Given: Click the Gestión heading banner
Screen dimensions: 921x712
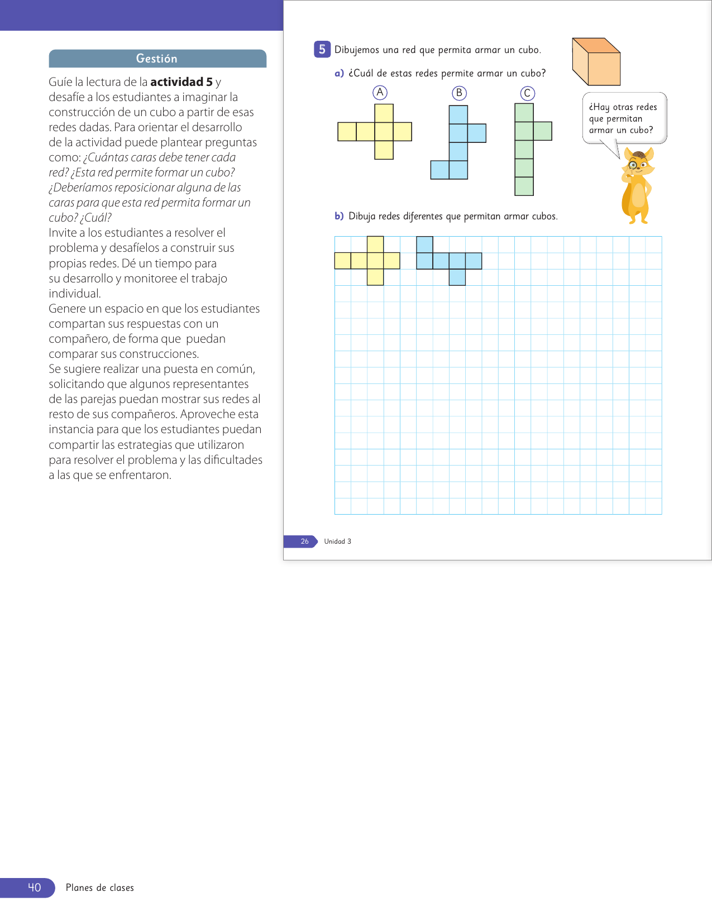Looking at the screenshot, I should pyautogui.click(x=157, y=59).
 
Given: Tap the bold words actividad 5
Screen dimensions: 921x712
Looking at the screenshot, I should pyautogui.click(x=181, y=82).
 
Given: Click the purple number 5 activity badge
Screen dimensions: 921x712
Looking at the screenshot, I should pyautogui.click(x=322, y=50).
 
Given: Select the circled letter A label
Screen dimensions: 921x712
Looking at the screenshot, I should pyautogui.click(x=380, y=93).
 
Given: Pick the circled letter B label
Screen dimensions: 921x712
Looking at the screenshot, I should pyautogui.click(x=459, y=93).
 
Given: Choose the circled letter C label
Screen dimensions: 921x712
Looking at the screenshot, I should pyautogui.click(x=527, y=93).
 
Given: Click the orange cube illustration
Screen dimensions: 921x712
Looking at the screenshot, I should pyautogui.click(x=596, y=62).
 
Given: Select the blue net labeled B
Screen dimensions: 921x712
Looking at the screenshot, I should pyautogui.click(x=458, y=142).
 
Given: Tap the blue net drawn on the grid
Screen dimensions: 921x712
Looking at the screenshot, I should pyautogui.click(x=449, y=261).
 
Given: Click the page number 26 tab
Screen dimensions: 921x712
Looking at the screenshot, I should pyautogui.click(x=304, y=541).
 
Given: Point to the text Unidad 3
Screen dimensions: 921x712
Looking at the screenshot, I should pyautogui.click(x=337, y=541).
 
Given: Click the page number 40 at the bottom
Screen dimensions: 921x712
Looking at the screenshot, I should pyautogui.click(x=34, y=888).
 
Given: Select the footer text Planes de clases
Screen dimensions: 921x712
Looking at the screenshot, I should pyautogui.click(x=100, y=888).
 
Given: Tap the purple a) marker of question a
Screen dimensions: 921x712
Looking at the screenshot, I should pyautogui.click(x=339, y=74).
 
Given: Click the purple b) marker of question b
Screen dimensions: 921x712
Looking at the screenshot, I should pyautogui.click(x=339, y=217).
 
